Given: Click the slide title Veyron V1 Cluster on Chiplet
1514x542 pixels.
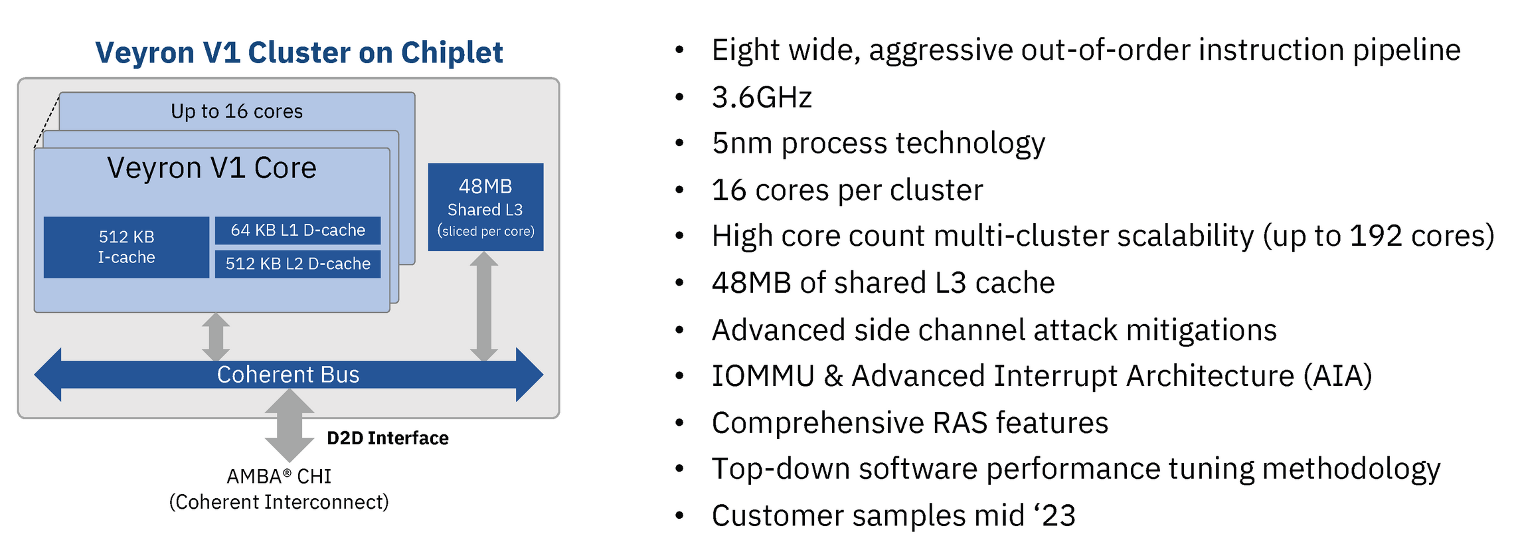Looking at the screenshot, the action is click(299, 52).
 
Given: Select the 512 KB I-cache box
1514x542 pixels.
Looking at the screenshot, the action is click(126, 247).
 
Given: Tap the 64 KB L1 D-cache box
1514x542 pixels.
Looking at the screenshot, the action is click(297, 230).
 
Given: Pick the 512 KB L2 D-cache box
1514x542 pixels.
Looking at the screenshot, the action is click(297, 264).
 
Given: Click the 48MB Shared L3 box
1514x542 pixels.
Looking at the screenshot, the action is click(485, 207).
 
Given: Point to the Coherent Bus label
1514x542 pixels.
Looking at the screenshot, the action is click(288, 375).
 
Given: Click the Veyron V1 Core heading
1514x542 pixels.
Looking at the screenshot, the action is click(212, 168).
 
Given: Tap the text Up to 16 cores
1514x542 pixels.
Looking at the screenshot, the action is click(236, 111).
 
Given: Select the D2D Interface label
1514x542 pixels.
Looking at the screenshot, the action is click(388, 438).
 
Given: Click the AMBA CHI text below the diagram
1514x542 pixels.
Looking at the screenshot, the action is click(279, 476).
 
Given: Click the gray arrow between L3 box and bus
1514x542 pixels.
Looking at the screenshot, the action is click(484, 306).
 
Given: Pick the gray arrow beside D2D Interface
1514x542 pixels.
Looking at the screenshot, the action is click(290, 425).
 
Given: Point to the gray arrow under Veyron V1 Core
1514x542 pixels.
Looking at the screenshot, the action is click(216, 337).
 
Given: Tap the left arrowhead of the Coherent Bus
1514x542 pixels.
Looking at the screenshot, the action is click(48, 375).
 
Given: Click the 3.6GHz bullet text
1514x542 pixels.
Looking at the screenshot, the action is click(762, 98).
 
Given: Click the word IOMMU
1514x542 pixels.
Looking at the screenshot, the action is click(763, 376).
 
